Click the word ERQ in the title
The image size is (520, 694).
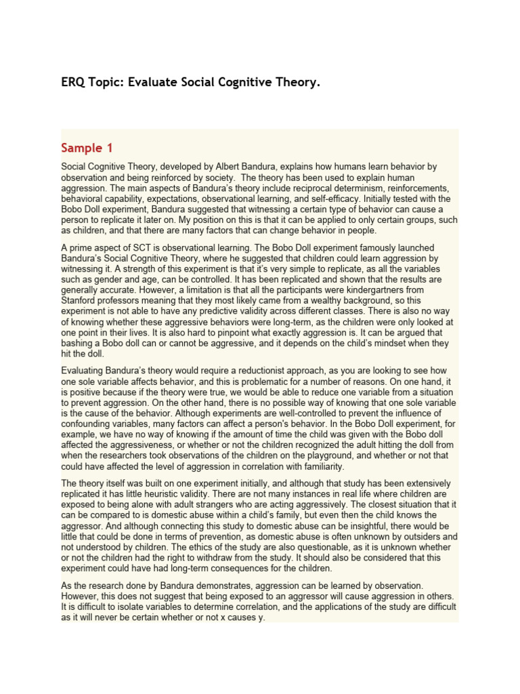pyautogui.click(x=73, y=83)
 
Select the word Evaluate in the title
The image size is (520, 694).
pyautogui.click(x=148, y=83)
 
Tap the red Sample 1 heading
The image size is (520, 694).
pyautogui.click(x=87, y=148)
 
